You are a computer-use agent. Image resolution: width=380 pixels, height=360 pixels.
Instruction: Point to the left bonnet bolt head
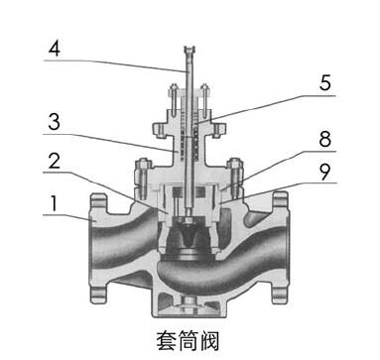140,163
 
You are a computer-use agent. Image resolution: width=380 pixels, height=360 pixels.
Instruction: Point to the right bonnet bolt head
237,163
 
